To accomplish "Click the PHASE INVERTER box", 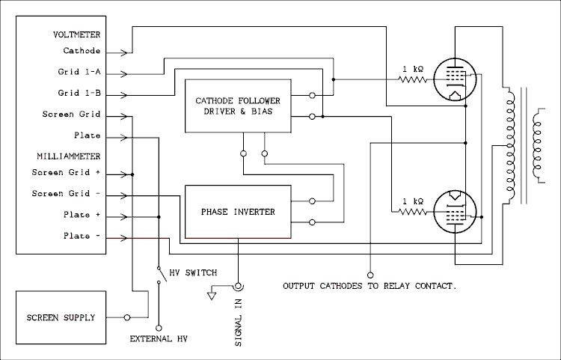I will (x=238, y=212).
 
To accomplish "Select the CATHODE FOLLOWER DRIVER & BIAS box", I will (x=234, y=106).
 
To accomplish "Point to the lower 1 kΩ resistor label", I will (x=413, y=201).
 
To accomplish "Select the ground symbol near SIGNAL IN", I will (x=212, y=295).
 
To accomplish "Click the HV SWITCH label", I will (x=193, y=272).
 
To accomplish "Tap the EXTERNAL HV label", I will (x=159, y=339).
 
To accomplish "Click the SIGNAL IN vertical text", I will (x=239, y=321).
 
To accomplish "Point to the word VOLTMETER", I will (x=77, y=34).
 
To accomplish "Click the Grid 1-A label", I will (x=79, y=73).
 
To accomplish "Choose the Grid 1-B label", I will (x=79, y=94).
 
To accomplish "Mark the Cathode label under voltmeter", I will (x=82, y=52).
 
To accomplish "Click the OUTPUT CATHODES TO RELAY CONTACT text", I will (x=370, y=286).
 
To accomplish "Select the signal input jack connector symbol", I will (x=239, y=287).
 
